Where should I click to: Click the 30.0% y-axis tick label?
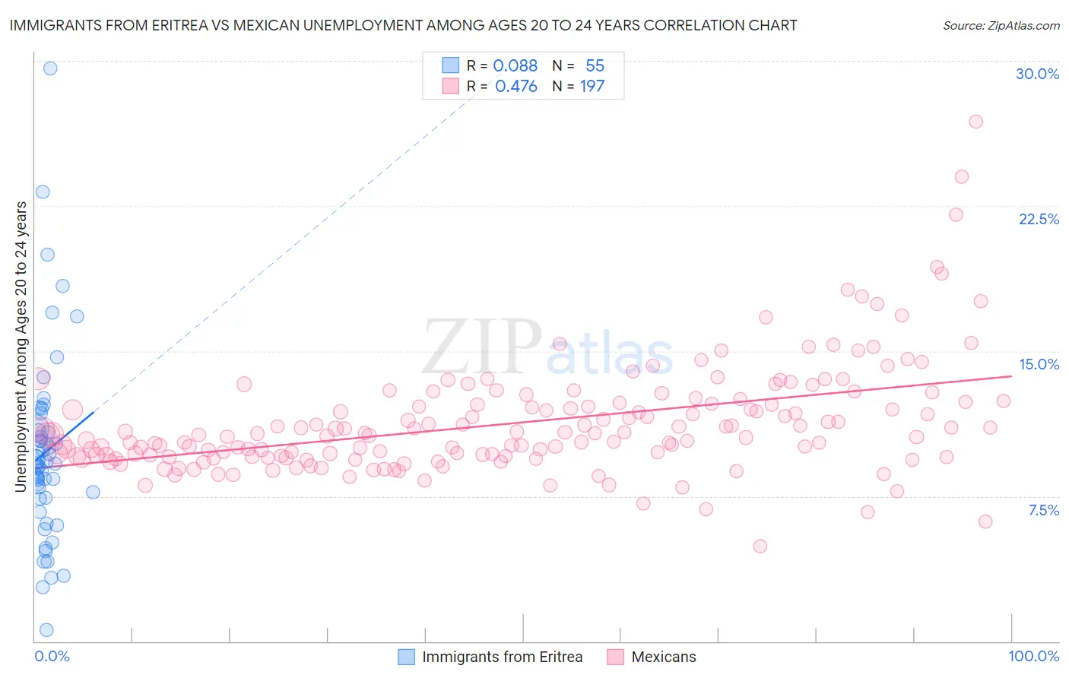[x=1037, y=74]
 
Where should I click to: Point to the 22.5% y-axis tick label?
[x=1039, y=219]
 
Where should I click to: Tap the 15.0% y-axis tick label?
[x=1039, y=364]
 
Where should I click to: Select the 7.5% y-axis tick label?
[x=1043, y=510]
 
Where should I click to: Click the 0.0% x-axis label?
[x=52, y=656]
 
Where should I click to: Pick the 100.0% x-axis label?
[x=1033, y=656]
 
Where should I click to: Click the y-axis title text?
[x=21, y=347]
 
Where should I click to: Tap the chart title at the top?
[x=403, y=25]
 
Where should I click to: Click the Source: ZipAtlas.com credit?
[x=1001, y=26]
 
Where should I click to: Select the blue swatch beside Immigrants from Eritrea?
[x=407, y=657]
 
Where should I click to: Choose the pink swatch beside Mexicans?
[x=615, y=657]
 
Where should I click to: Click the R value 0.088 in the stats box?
[x=515, y=66]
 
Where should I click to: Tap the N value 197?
[x=592, y=87]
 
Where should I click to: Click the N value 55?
[x=595, y=66]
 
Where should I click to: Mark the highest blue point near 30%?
[x=50, y=68]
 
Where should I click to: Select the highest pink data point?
[x=975, y=122]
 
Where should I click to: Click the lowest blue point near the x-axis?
[x=46, y=629]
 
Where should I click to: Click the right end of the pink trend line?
[x=1011, y=375]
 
